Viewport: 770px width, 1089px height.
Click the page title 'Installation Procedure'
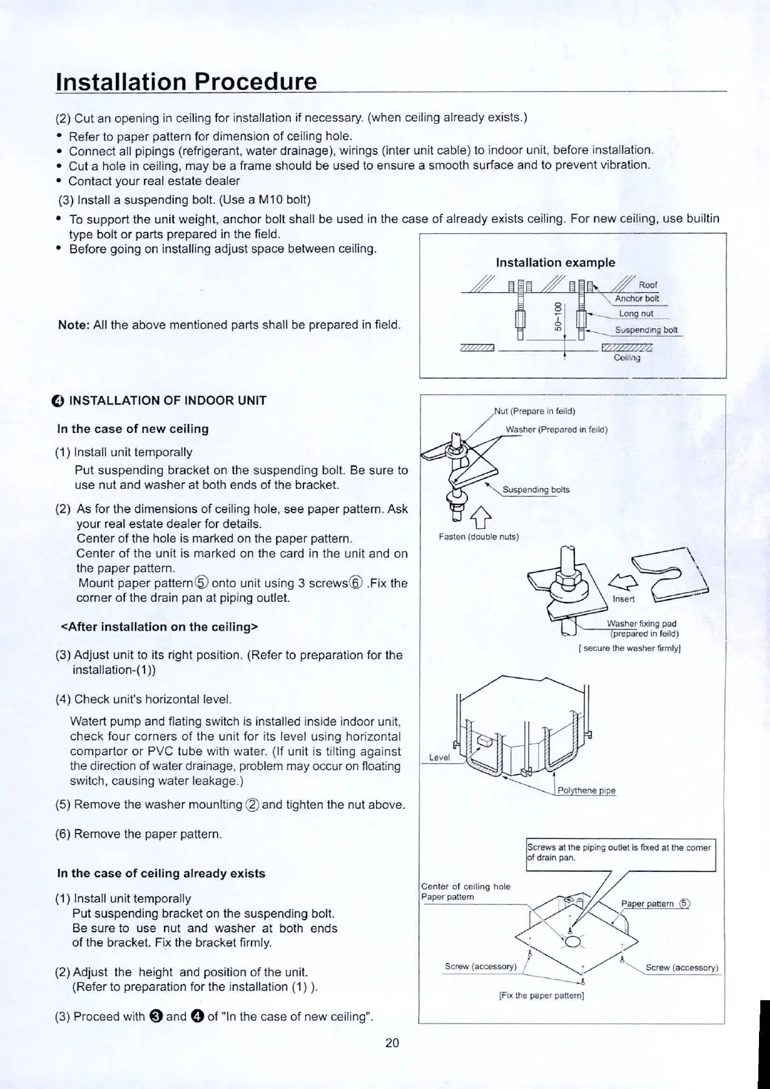[x=187, y=82]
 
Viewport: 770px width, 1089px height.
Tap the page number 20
[x=392, y=1043]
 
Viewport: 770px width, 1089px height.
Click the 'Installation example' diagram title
[x=555, y=263]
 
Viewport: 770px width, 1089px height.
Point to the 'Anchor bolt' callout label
[x=636, y=299]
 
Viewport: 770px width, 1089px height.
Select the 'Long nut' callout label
[x=636, y=314]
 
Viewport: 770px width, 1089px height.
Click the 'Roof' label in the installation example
[x=647, y=285]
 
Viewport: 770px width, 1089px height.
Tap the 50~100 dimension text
[x=557, y=316]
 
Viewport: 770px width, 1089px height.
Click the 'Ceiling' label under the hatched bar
[x=626, y=358]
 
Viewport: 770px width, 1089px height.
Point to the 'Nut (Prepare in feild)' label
[x=535, y=411]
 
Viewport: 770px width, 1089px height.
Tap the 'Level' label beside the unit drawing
[x=439, y=757]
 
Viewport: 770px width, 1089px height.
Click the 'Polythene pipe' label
[x=587, y=791]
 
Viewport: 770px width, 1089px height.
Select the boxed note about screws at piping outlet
[x=620, y=852]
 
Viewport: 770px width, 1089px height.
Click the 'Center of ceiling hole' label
[x=465, y=886]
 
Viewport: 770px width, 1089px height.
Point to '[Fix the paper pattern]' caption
[x=541, y=995]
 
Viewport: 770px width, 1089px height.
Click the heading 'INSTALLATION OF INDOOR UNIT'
[x=167, y=401]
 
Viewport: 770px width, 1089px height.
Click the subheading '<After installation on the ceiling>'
[x=159, y=627]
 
